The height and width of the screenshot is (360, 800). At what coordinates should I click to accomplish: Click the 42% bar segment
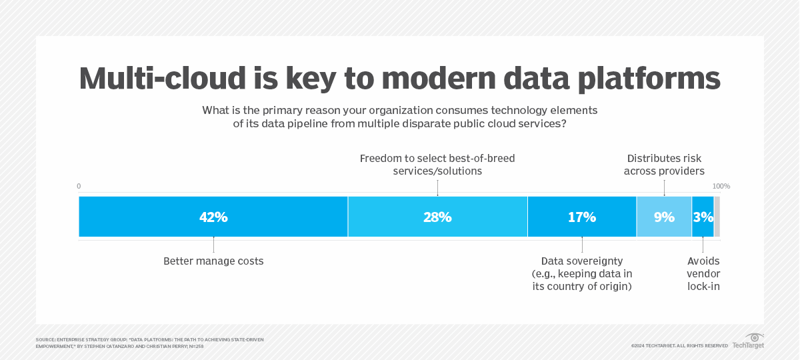[x=213, y=217]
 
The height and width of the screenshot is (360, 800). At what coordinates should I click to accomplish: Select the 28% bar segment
[x=437, y=217]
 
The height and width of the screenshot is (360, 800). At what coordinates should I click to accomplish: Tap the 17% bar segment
[x=582, y=217]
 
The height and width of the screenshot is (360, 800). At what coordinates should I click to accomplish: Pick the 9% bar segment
[x=664, y=217]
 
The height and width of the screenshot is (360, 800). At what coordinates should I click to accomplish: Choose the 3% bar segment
[x=703, y=217]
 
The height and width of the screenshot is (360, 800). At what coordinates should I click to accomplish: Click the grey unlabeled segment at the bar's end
[x=717, y=217]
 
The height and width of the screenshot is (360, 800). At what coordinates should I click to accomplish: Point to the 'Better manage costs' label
[x=213, y=261]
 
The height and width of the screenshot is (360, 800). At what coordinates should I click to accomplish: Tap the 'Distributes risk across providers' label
[x=664, y=165]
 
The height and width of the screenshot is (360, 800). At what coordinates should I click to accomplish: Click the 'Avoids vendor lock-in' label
[x=703, y=273]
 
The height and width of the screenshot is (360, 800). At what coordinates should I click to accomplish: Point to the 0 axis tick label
[x=79, y=186]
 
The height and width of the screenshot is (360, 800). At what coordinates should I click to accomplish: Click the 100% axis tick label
[x=721, y=186]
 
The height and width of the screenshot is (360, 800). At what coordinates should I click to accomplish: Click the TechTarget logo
[x=749, y=341]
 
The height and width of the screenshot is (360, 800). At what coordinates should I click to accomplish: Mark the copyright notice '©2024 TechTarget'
[x=679, y=345]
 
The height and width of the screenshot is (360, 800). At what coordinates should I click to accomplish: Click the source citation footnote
[x=149, y=342]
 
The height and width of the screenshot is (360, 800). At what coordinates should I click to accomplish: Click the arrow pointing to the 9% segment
[x=664, y=189]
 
